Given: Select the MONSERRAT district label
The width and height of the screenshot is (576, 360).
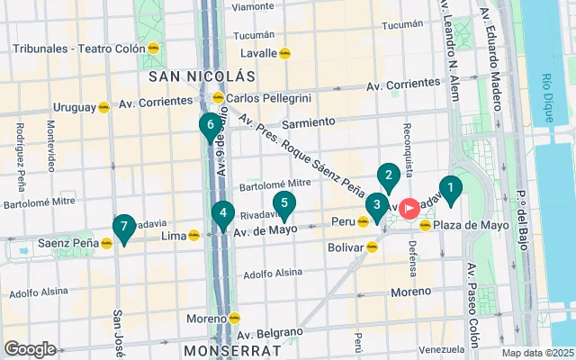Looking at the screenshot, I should coord(221,349).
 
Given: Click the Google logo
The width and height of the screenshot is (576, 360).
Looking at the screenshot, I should coord(30,348).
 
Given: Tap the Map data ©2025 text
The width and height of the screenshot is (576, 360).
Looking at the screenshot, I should coord(536,353).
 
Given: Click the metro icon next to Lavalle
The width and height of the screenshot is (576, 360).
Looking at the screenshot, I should coord(285,53).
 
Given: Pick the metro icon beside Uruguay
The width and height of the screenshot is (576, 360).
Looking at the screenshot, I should coord(103,107).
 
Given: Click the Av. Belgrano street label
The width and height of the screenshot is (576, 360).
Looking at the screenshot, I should coord(273,332).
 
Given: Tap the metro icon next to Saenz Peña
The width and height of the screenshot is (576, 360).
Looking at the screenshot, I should coord(106,243).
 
